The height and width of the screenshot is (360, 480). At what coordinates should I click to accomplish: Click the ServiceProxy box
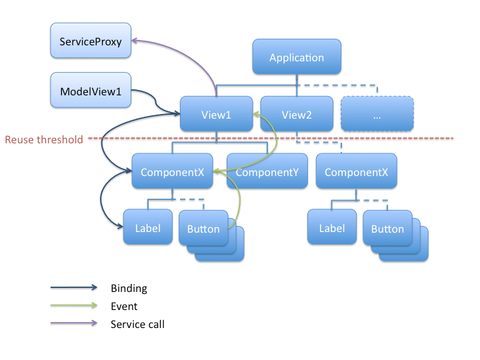pos(91,41)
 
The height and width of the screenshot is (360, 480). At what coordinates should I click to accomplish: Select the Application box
pos(297,57)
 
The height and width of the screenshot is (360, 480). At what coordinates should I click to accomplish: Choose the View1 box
pos(216,114)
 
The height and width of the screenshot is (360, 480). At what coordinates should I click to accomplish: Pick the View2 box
pos(297,114)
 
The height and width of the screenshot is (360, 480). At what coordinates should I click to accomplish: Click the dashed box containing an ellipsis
pos(377,114)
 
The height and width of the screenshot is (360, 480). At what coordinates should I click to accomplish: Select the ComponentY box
pos(267,172)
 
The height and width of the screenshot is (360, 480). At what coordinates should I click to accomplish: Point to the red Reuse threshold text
pos(44,139)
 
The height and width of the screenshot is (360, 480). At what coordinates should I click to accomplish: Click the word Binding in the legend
pos(129,289)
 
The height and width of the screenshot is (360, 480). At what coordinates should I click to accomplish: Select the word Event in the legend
pos(124,307)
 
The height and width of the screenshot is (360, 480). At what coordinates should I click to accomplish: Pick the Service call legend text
pos(137,325)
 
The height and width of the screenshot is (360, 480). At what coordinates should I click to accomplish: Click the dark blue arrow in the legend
pos(73,289)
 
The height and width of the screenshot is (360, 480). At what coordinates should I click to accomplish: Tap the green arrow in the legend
pos(73,307)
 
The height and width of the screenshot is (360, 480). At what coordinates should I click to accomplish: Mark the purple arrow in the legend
pos(73,325)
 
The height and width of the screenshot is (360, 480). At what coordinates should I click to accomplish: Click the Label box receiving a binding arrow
pos(148,228)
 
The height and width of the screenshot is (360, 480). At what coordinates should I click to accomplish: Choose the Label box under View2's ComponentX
pos(332,228)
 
